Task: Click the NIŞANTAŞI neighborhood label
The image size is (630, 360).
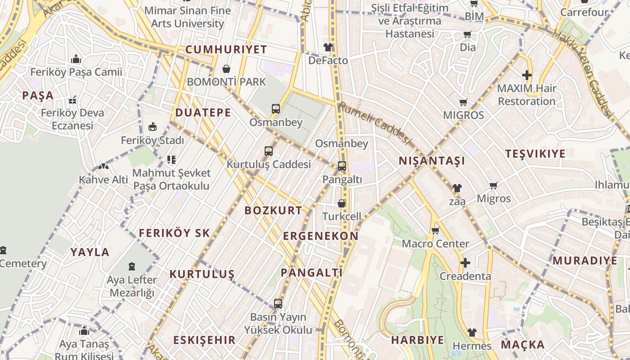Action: click(432, 161)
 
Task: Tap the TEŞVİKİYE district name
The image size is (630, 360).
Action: click(535, 154)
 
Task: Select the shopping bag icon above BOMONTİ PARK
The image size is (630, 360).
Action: click(226, 69)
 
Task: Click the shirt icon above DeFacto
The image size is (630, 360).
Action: click(328, 47)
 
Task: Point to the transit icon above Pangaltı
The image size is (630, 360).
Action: click(342, 166)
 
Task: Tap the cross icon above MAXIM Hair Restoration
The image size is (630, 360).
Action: click(527, 75)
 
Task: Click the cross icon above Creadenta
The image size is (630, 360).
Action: click(465, 262)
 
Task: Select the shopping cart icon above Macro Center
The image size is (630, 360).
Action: click(435, 231)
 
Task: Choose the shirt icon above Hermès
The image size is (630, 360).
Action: click(472, 333)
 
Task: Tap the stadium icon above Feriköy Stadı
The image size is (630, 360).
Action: click(153, 127)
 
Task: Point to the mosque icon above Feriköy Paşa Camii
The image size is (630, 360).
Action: click(76, 59)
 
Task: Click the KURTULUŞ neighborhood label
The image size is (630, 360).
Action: click(202, 274)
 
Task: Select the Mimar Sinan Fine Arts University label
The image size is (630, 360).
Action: click(188, 17)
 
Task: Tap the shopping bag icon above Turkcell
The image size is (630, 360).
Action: click(342, 203)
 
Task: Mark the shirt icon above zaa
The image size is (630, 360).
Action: click(457, 188)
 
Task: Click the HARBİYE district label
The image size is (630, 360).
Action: click(417, 340)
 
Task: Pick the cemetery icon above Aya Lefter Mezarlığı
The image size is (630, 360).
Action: click(132, 266)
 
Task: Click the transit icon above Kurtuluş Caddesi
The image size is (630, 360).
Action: click(269, 151)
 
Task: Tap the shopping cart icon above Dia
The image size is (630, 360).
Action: click(468, 35)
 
